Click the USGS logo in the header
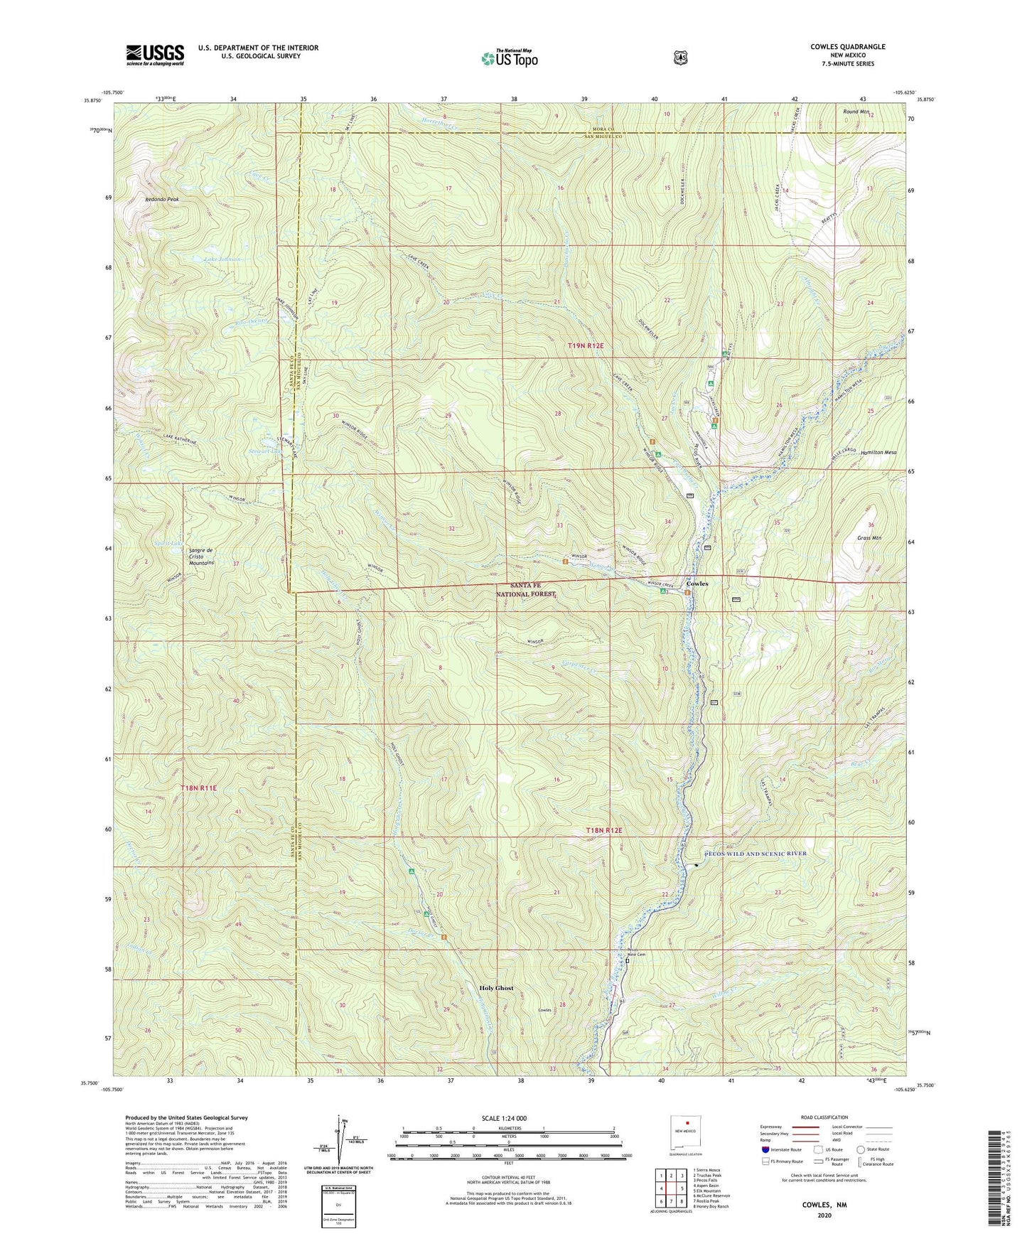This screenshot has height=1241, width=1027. (155, 55)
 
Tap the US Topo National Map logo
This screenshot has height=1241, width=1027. (509, 58)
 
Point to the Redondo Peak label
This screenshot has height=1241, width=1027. (163, 200)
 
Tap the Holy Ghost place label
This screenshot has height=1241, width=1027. (496, 988)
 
